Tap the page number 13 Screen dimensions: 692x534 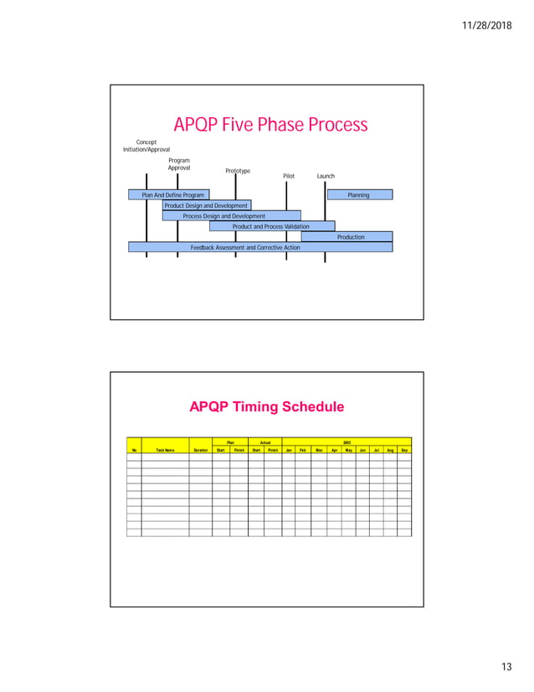tap(505, 666)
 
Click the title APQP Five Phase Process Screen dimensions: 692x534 tap(270, 126)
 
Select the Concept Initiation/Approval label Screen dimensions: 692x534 tap(146, 146)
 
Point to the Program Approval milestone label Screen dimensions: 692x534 tap(178, 163)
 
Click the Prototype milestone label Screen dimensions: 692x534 tap(238, 171)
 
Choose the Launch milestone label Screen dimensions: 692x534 tap(326, 177)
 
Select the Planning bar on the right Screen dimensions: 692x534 tap(358, 194)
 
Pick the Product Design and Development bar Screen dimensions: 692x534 tap(206, 205)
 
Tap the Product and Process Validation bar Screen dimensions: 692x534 tap(271, 226)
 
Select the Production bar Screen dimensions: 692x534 tap(351, 237)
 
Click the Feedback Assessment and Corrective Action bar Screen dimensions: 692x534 tap(245, 247)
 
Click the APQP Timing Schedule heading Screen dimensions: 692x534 tap(266, 408)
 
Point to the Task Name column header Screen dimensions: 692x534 tap(165, 450)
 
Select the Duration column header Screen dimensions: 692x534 tap(200, 450)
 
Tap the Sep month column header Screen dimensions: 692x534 tap(404, 450)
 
